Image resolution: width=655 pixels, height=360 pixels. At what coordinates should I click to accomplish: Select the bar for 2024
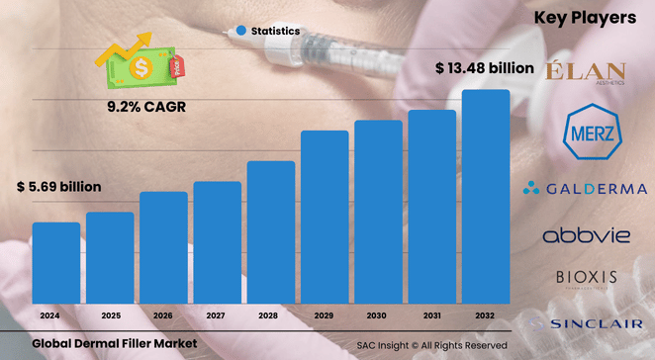point(56,264)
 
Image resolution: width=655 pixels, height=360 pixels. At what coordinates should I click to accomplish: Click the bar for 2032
point(486,198)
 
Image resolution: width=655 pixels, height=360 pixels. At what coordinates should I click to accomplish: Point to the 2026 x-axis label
point(163,316)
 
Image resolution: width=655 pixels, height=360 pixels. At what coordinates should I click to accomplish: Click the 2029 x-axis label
point(325,316)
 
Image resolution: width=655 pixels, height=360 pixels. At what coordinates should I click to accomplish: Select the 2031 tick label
point(432,316)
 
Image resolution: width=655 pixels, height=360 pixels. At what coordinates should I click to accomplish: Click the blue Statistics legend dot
point(240,32)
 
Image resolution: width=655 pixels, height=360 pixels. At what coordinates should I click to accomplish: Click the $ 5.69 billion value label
point(59,187)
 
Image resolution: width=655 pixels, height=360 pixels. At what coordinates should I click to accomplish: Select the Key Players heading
point(585,18)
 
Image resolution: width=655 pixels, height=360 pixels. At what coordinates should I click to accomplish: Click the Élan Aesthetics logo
point(587,73)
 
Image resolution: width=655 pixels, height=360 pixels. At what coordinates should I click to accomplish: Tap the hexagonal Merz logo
point(586,132)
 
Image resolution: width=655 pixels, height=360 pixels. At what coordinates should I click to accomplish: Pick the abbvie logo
point(586,235)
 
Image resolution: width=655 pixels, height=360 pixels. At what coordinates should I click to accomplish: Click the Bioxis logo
point(586,279)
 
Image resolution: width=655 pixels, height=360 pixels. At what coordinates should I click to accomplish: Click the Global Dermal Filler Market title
point(115,343)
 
